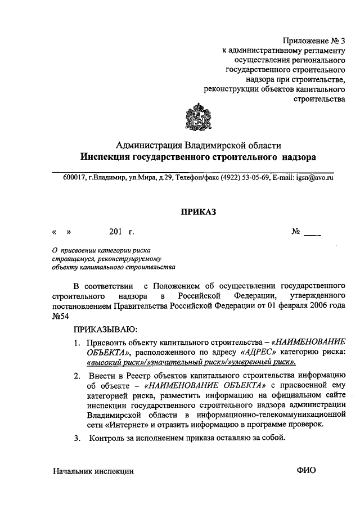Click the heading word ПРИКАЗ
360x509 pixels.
point(197,211)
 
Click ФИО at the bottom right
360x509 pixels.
point(307,471)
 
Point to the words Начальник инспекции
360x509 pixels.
point(93,472)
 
